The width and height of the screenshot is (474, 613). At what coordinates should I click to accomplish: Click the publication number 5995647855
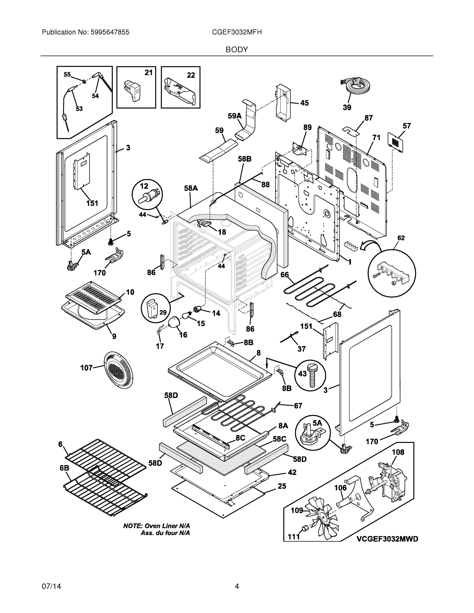[110, 32]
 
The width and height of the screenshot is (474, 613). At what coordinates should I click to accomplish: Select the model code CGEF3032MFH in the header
[237, 32]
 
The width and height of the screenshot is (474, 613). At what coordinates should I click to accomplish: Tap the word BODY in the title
[237, 50]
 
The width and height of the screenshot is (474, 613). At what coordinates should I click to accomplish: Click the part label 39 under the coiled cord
[347, 107]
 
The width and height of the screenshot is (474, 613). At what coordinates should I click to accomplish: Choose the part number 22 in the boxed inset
[191, 75]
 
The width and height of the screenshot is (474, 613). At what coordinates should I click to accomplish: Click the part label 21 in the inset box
[148, 73]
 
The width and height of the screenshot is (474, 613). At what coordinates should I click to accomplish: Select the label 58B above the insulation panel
[245, 159]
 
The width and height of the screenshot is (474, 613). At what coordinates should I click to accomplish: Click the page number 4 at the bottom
[237, 586]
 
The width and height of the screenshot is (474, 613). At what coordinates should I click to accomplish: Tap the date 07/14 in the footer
[51, 586]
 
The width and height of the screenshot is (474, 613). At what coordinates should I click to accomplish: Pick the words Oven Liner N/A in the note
[167, 526]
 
